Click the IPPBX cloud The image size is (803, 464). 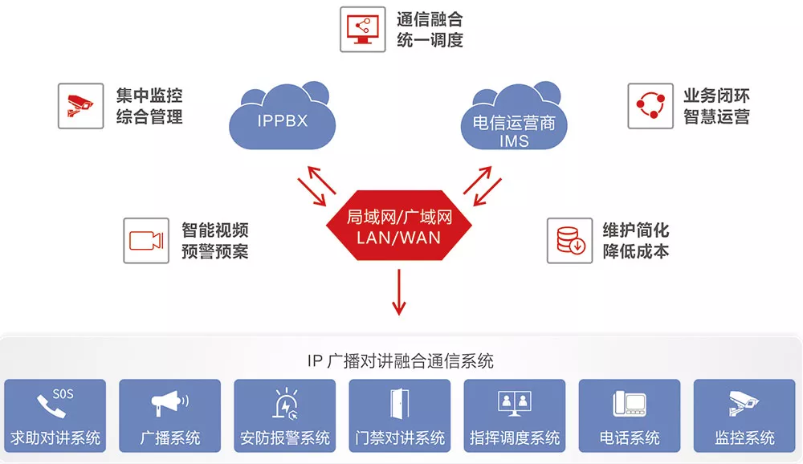click(x=282, y=118)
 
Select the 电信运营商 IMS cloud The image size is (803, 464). click(x=514, y=118)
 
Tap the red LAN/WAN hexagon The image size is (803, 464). click(x=399, y=226)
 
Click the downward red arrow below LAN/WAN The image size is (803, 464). click(x=399, y=292)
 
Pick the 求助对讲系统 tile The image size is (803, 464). click(x=55, y=415)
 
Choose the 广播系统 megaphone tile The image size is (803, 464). click(x=170, y=415)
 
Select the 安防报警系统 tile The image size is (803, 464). click(x=285, y=415)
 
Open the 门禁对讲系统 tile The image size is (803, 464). click(x=399, y=415)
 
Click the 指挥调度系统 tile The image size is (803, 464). click(x=515, y=415)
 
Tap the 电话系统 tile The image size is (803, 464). click(x=630, y=415)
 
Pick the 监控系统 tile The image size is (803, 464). click(x=744, y=415)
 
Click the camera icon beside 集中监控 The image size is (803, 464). click(x=81, y=106)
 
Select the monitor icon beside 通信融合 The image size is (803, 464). click(x=363, y=29)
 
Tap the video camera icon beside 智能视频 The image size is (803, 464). click(x=146, y=241)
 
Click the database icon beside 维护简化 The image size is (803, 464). click(x=569, y=241)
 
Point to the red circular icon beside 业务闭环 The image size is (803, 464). click(x=650, y=106)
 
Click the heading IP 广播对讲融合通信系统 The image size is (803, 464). click(x=401, y=361)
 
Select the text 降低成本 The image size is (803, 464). click(x=635, y=251)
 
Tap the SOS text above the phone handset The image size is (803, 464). click(x=63, y=394)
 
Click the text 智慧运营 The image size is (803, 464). click(x=716, y=116)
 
